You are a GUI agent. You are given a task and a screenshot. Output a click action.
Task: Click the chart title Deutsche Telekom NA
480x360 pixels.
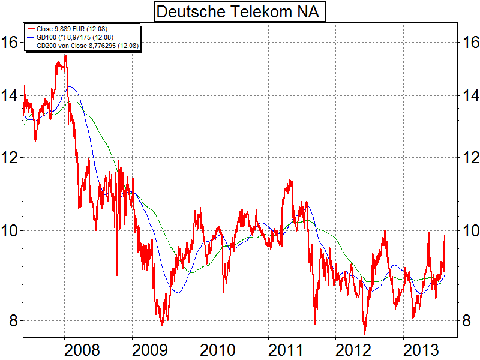239,11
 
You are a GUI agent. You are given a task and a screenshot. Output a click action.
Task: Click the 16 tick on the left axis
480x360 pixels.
11,42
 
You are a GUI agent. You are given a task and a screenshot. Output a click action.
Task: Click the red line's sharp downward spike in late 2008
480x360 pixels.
116,274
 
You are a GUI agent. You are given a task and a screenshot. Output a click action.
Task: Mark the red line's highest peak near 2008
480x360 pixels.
65,55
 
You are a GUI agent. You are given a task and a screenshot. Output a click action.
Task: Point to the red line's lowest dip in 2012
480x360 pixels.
364,334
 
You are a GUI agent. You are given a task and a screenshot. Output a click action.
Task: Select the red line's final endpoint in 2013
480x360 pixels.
445,236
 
